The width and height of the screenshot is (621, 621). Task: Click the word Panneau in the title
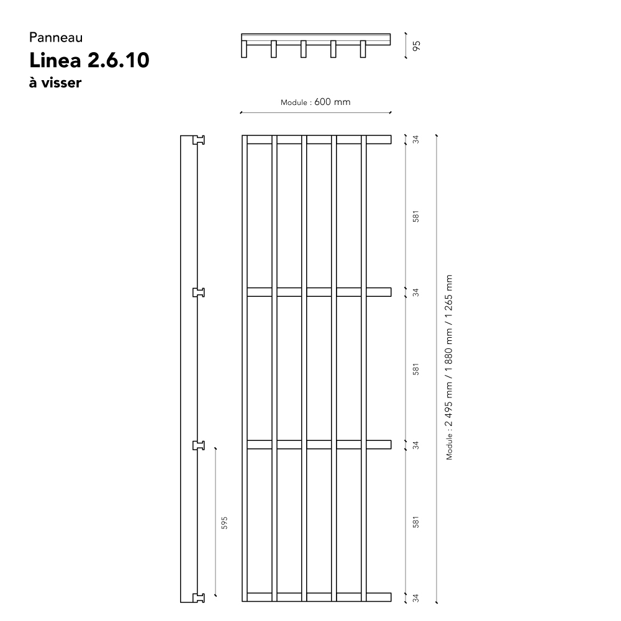click(x=56, y=38)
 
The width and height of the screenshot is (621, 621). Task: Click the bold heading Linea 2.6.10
click(x=89, y=60)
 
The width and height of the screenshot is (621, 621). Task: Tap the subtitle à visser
click(x=55, y=83)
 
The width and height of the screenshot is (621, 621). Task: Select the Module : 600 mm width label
click(x=315, y=102)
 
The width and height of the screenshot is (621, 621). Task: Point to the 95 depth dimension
click(x=416, y=46)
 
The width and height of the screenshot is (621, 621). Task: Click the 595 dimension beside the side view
click(x=224, y=523)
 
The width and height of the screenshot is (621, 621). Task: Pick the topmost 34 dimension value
click(x=416, y=139)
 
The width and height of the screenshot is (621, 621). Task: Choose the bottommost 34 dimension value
click(x=416, y=598)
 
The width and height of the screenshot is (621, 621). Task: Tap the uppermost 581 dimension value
click(x=416, y=216)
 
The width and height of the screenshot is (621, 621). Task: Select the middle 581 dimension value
click(x=416, y=369)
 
